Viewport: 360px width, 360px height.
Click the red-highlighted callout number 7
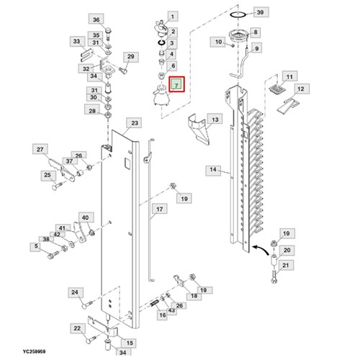176,84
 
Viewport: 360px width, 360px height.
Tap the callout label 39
260,12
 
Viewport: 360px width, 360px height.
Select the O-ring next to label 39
238,14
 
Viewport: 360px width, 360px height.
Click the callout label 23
135,123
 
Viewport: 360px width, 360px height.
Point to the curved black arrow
261,249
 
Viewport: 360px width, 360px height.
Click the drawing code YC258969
34,351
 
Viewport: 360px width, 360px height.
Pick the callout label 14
213,170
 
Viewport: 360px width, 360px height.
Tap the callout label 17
159,210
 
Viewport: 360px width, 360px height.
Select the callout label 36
96,19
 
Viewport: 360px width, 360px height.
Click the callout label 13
215,120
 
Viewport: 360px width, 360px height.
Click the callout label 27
40,149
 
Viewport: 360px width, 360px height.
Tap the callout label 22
77,328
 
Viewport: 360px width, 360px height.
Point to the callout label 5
36,246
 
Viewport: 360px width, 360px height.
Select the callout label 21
285,266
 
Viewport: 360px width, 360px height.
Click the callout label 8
256,32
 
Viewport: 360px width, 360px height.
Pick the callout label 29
130,57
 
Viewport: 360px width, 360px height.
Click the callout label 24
75,292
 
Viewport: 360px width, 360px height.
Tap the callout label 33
77,42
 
